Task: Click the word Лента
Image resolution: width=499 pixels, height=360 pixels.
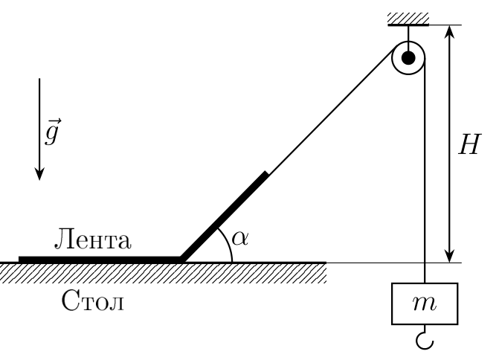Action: tap(93, 239)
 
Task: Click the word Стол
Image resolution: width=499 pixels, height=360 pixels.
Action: tap(93, 300)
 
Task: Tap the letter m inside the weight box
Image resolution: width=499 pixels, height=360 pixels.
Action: tap(425, 304)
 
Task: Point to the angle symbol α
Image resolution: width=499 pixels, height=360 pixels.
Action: tap(240, 238)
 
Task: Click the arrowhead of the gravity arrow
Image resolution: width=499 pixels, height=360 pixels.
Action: tap(39, 175)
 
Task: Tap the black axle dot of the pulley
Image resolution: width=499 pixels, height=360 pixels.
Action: tap(408, 58)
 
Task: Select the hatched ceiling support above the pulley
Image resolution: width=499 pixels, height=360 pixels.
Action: tap(408, 19)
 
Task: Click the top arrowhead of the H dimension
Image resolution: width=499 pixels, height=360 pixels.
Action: tap(449, 31)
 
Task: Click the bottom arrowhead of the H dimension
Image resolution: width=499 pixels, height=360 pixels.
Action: tap(449, 257)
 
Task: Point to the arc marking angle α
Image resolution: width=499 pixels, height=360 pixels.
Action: tap(228, 243)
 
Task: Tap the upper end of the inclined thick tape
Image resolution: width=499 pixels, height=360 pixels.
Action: tap(266, 173)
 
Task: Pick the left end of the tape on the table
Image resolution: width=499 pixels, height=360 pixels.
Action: tap(19, 260)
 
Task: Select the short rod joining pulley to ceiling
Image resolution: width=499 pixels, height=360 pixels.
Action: tap(408, 33)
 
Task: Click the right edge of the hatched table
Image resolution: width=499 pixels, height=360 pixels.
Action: tap(326, 272)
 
